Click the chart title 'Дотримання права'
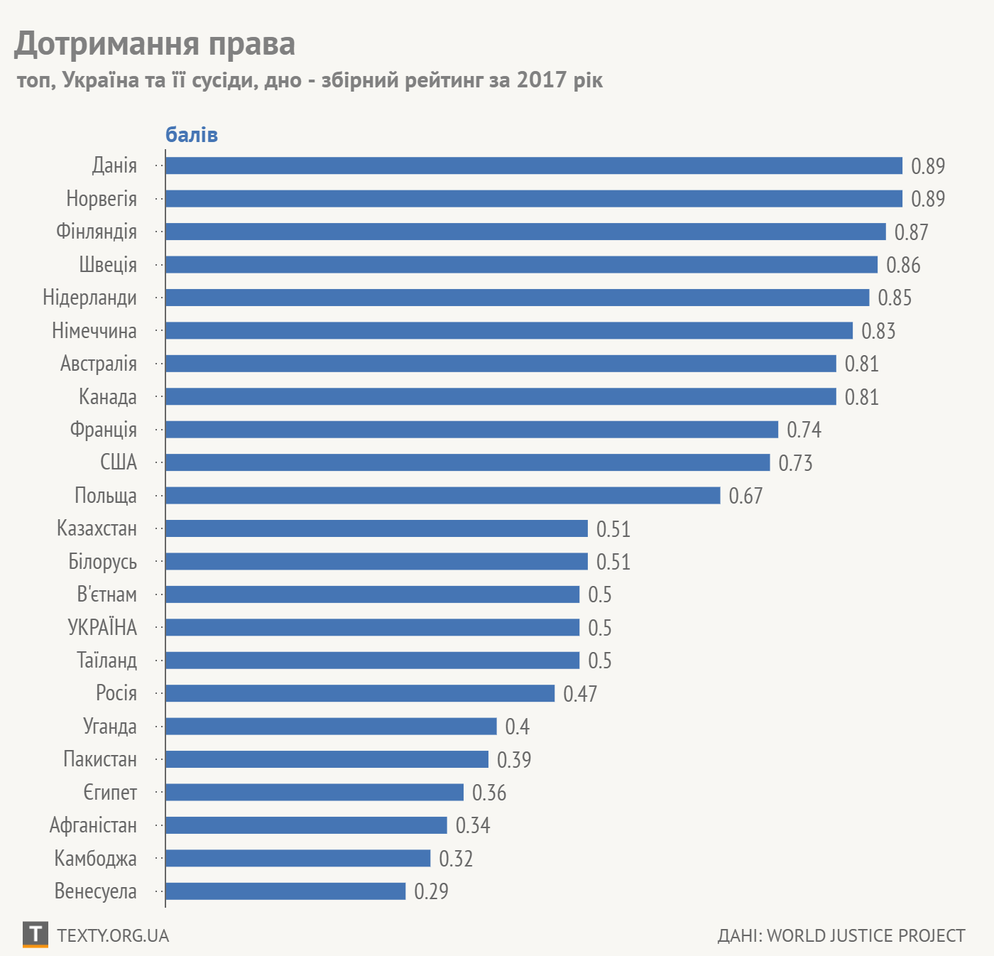[155, 43]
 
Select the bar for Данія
[533, 165]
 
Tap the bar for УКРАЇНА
[372, 627]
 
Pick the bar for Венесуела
[285, 891]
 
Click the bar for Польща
[442, 495]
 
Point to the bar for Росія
[360, 693]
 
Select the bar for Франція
[471, 429]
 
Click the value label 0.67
[745, 496]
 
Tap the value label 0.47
[580, 694]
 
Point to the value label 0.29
[431, 891]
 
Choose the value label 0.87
[911, 232]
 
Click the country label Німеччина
[94, 331]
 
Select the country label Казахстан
[97, 528]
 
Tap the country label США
[119, 462]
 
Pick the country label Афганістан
[93, 825]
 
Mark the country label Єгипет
[110, 792]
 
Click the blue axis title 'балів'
[192, 135]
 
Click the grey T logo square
[35, 934]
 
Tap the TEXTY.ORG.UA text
[113, 935]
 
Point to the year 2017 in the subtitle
[542, 80]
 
